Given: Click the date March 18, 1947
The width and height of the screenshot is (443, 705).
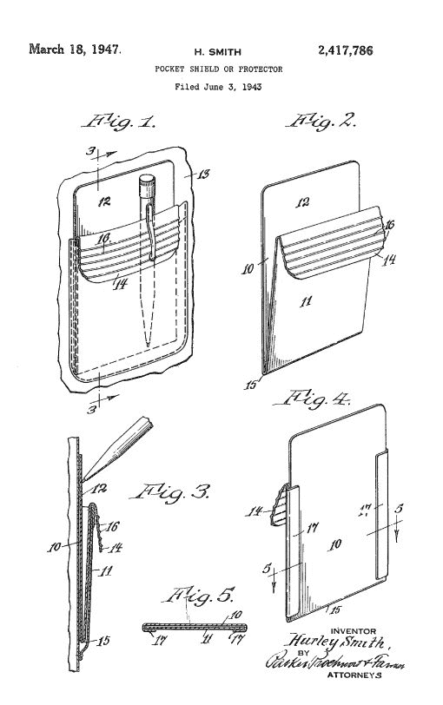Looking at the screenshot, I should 75,49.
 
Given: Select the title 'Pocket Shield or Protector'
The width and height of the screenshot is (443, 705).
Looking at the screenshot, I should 218,68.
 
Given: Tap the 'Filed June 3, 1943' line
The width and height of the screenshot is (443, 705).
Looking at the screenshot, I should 218,87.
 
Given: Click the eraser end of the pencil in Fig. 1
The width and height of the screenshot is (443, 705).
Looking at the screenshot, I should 146,183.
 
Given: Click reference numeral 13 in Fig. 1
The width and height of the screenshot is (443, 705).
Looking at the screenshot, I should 206,175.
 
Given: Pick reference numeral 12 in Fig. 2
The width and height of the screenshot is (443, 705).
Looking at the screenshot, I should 303,202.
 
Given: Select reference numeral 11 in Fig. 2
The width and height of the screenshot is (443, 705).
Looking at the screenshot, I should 303,301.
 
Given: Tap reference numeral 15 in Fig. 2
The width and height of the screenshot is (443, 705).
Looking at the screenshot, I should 253,384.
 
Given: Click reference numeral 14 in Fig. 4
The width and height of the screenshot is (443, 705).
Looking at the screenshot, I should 255,512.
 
